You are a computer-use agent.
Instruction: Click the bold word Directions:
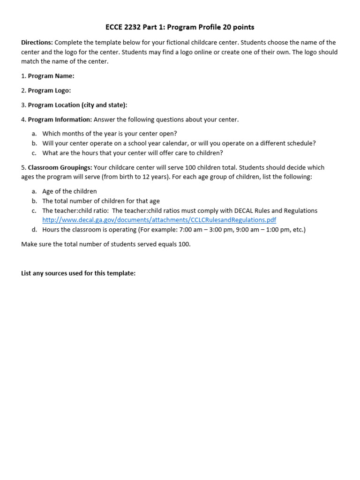(37, 43)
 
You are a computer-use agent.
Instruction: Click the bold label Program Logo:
(49, 90)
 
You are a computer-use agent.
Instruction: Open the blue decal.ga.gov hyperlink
(159, 220)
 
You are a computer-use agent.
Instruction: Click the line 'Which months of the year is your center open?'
(109, 134)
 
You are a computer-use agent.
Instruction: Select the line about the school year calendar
(179, 143)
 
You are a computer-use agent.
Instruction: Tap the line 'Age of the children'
(69, 191)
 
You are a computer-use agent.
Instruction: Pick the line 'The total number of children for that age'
(101, 201)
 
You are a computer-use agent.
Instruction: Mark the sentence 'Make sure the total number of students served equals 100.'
(106, 244)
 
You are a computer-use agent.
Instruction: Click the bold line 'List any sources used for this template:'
(78, 273)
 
